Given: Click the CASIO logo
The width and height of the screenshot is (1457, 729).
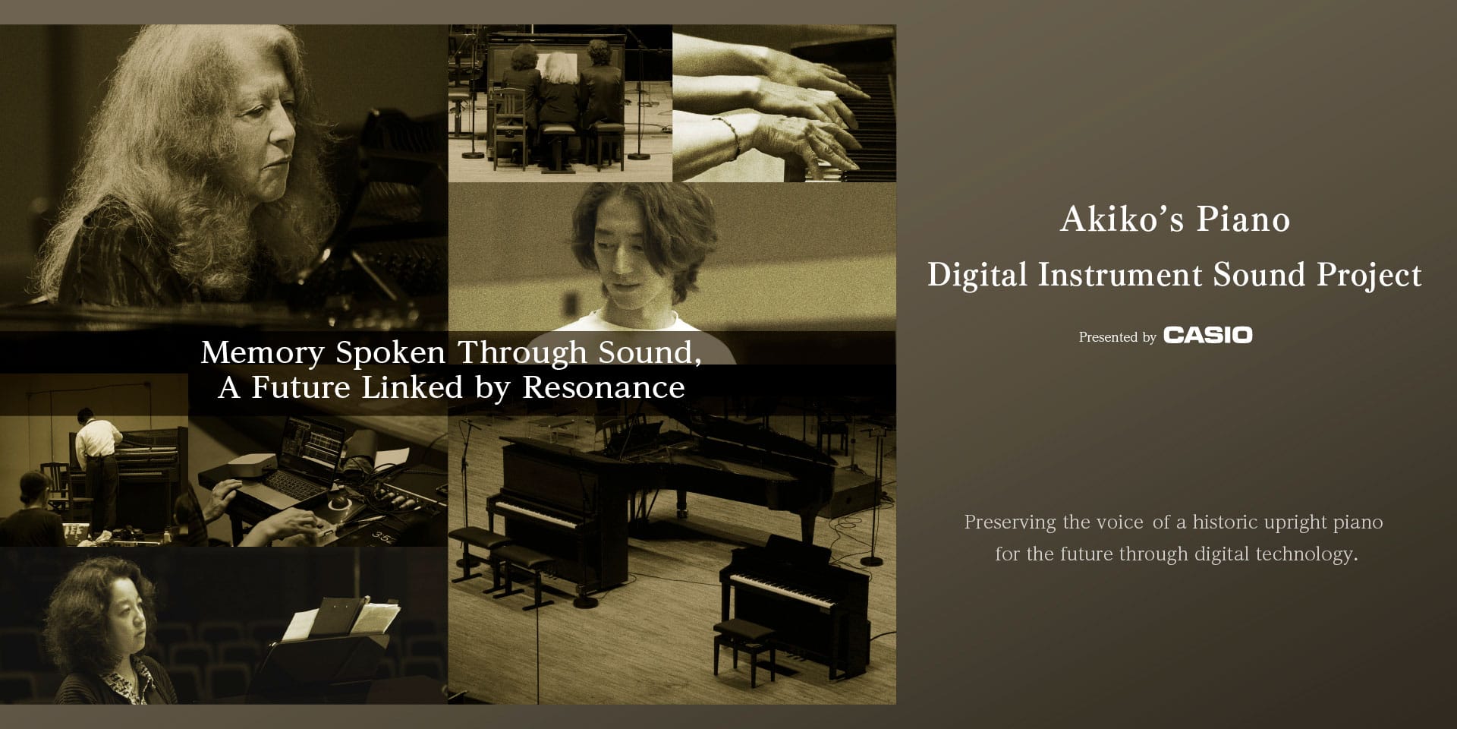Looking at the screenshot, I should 1207,336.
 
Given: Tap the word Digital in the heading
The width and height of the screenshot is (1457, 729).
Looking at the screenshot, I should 977,275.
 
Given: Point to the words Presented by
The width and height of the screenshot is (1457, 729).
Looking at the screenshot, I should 1117,337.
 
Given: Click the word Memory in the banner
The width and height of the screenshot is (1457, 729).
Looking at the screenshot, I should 263,352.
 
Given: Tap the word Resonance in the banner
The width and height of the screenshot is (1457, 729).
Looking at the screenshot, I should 603,388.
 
